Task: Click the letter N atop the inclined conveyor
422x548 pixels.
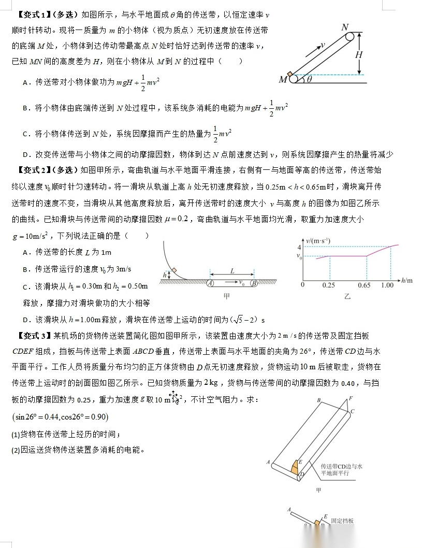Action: [345, 26]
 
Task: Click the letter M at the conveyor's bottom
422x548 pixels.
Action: [283, 79]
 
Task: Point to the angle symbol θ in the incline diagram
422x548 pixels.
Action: [309, 79]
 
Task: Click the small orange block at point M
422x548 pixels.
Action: [290, 74]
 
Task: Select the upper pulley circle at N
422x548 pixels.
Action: [351, 37]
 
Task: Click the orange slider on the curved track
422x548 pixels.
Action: [174, 269]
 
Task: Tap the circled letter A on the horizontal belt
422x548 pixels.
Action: [210, 283]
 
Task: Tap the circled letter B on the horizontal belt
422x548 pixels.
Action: [254, 283]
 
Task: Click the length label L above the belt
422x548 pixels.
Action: [232, 270]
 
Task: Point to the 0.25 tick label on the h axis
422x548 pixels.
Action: [328, 285]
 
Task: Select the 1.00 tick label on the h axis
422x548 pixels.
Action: [387, 285]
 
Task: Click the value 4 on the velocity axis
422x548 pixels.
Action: [299, 248]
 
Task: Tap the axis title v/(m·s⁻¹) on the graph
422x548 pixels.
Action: [318, 240]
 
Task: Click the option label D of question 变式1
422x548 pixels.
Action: [25, 154]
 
